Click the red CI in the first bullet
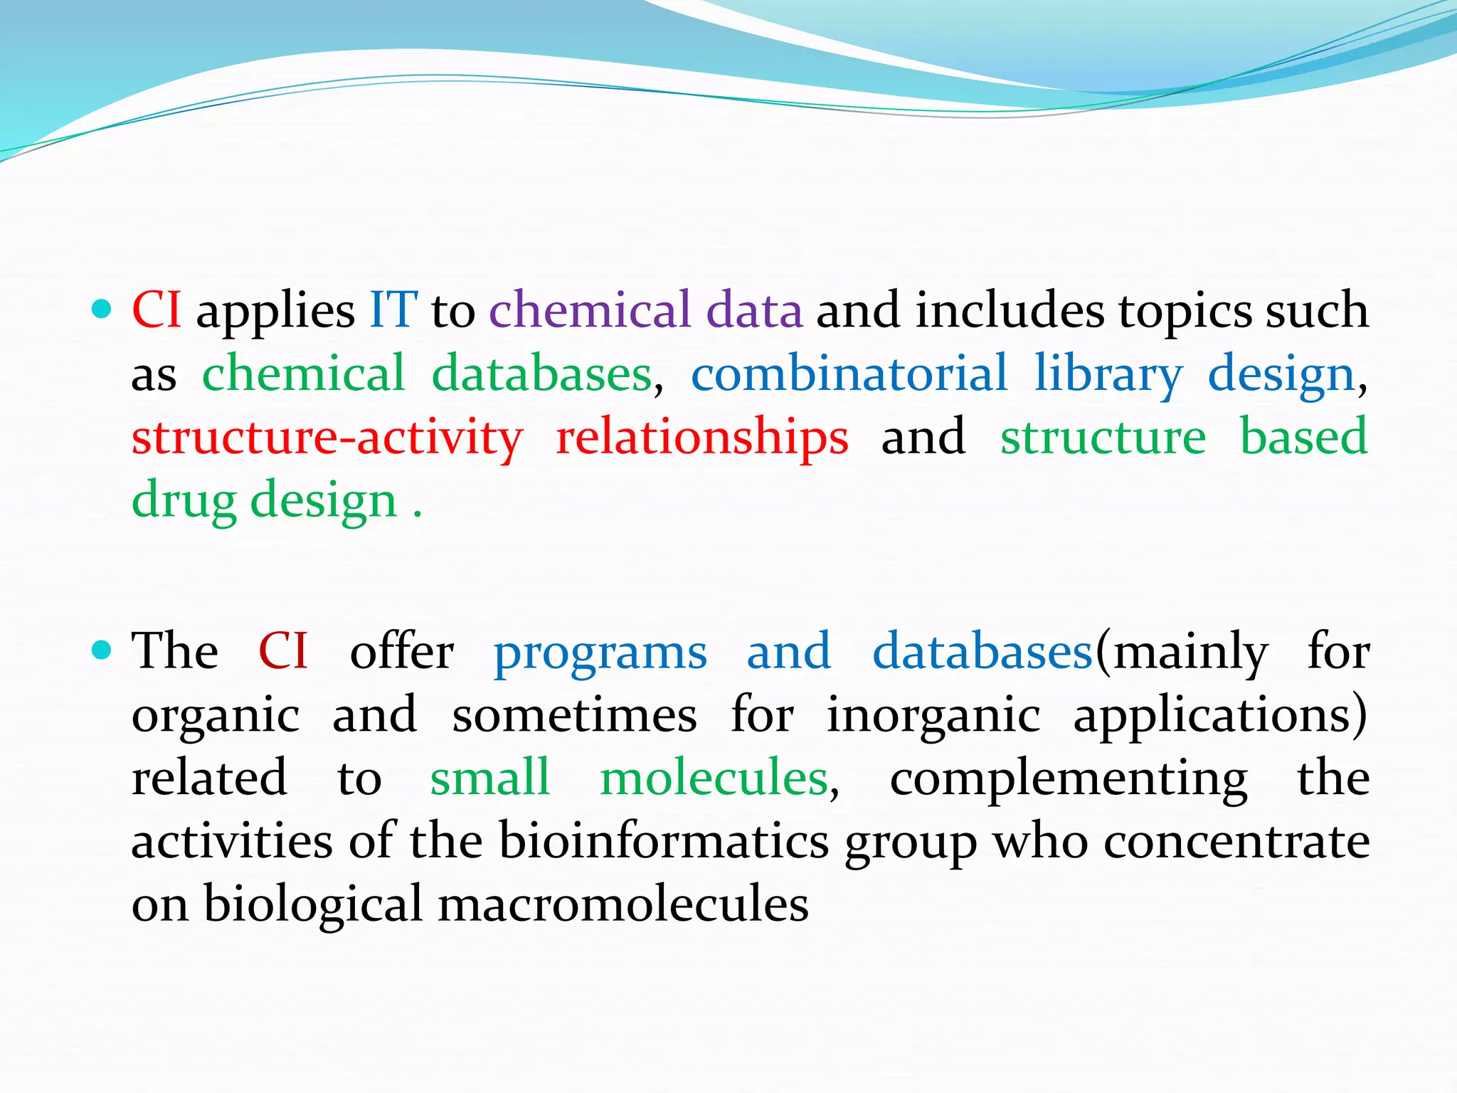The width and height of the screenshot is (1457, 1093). [156, 310]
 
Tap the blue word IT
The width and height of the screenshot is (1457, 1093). [393, 310]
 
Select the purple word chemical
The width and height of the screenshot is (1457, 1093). [590, 310]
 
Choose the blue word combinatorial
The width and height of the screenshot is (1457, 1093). [849, 374]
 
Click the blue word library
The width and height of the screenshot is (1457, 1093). [1108, 375]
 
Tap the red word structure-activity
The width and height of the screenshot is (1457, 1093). [327, 437]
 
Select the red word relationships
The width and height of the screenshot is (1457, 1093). [701, 437]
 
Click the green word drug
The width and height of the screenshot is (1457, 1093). [184, 502]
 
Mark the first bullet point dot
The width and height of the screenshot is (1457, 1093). [102, 309]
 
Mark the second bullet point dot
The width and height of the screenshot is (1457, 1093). [102, 650]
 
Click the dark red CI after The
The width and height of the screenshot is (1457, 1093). [282, 651]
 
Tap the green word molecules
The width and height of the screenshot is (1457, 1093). [714, 778]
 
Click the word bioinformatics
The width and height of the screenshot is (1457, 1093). [663, 841]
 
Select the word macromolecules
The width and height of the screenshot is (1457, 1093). [622, 904]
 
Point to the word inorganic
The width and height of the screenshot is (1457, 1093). [933, 715]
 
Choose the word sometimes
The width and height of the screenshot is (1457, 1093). [574, 715]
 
